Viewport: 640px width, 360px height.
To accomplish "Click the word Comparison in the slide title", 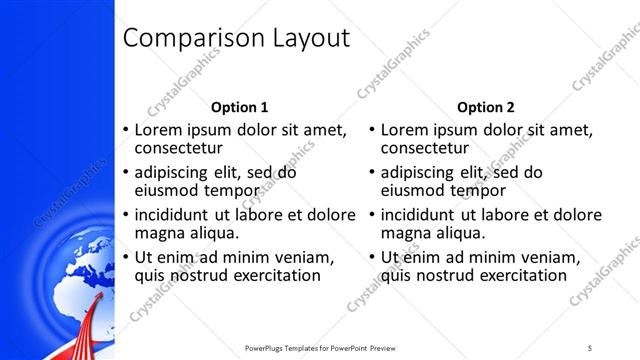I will (x=189, y=39).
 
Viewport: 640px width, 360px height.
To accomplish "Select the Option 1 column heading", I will (x=240, y=107).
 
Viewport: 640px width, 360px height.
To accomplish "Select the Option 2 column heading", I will (x=485, y=107).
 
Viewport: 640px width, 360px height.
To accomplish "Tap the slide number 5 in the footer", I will (x=590, y=347).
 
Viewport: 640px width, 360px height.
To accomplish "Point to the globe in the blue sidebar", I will (x=62, y=290).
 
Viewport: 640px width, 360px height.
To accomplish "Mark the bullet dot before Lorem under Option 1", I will (x=124, y=130).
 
